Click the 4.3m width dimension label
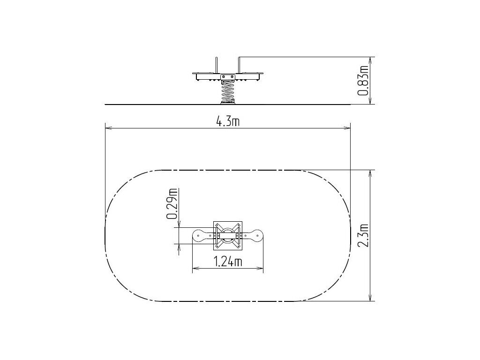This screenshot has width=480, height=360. pyautogui.click(x=228, y=122)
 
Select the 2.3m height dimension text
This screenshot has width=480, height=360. pyautogui.click(x=363, y=236)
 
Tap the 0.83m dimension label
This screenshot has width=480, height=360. pyautogui.click(x=363, y=80)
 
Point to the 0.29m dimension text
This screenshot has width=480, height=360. pyautogui.click(x=172, y=204)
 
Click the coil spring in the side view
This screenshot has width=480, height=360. pyautogui.click(x=228, y=91)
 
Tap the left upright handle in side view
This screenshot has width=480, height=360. pyautogui.click(x=217, y=65)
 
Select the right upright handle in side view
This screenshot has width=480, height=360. pyautogui.click(x=239, y=65)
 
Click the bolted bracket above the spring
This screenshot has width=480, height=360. pyautogui.click(x=228, y=77)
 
